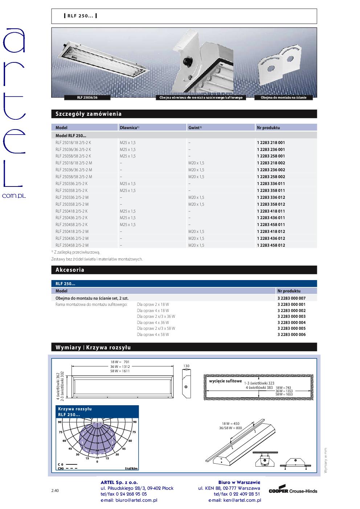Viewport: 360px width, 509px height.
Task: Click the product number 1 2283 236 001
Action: (271, 149)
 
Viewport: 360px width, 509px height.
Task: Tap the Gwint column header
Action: (195, 128)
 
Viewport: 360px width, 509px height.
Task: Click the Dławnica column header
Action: (129, 128)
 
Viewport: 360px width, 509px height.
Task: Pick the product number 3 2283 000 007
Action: (291, 298)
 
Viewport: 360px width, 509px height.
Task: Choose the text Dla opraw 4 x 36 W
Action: (153, 323)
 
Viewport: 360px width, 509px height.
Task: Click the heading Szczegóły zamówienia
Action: (89, 114)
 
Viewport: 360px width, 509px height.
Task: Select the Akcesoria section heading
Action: (70, 270)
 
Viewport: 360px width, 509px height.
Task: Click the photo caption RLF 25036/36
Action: (87, 98)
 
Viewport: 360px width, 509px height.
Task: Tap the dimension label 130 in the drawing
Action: (186, 366)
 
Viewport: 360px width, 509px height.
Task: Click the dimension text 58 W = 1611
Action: (120, 371)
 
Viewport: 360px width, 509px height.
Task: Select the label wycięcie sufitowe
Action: (225, 381)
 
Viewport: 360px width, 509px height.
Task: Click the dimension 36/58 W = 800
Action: (230, 428)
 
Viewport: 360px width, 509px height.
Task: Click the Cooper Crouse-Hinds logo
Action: (292, 491)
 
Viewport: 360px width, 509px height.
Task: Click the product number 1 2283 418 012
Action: (271, 231)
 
